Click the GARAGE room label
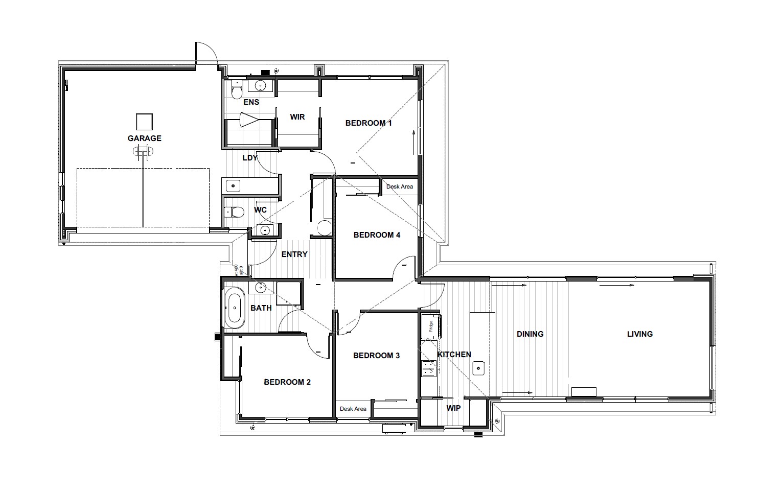coord(144,138)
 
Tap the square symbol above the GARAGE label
coord(144,122)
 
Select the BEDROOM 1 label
coord(368,123)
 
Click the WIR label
coord(297,117)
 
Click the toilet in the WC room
coord(236,212)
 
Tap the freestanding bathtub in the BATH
coord(235,308)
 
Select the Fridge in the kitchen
coord(431,325)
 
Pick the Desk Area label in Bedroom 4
coord(399,186)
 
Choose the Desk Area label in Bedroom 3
coord(353,409)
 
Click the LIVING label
coord(639,334)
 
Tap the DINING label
coord(530,334)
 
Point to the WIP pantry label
coord(453,408)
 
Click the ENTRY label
coord(294,254)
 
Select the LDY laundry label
coord(249,158)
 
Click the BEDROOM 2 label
coord(287,382)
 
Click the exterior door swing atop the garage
coord(206,54)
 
